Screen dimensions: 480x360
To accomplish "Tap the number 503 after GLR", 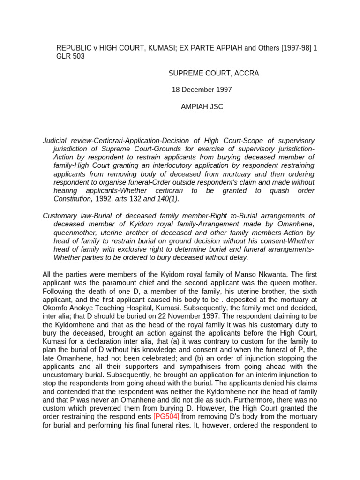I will (79, 56).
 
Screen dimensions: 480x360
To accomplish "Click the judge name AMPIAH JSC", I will (202, 106).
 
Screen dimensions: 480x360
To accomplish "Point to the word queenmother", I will (77, 232).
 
